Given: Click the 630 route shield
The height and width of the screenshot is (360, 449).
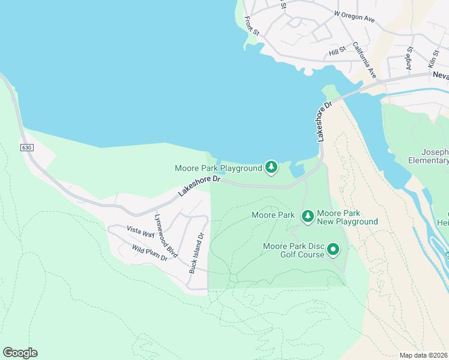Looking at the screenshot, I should [x=26, y=147].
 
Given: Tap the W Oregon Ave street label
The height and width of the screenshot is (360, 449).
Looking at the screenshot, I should [x=354, y=16].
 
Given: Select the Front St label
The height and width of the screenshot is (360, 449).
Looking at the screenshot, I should [x=252, y=25].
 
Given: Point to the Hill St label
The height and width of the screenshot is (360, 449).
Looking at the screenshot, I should [x=337, y=52].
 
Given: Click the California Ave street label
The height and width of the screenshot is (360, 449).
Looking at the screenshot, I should [x=364, y=60].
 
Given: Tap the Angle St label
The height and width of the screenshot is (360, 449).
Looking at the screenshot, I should [x=410, y=59].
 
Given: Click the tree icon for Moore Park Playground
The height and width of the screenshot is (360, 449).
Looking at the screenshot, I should [x=271, y=167].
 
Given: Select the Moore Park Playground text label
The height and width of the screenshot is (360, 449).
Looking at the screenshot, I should [x=218, y=168].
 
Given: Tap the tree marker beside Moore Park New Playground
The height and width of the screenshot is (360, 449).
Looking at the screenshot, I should [x=308, y=215].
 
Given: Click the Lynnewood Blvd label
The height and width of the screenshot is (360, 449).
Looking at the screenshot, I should [x=166, y=236].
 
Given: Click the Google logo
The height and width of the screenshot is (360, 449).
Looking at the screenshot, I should [x=20, y=353].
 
